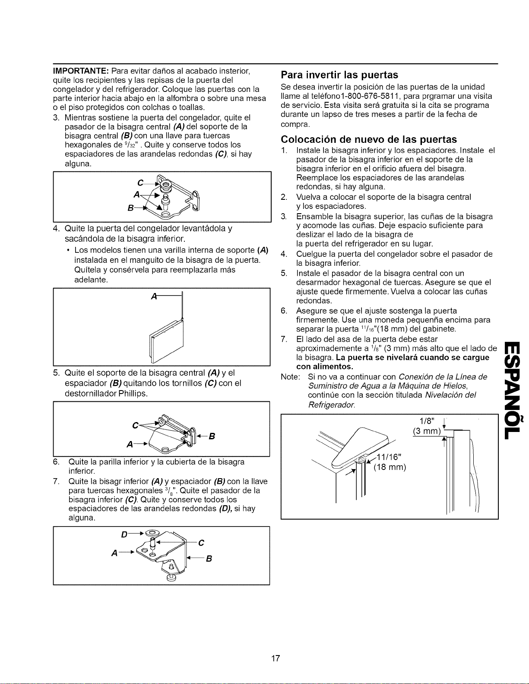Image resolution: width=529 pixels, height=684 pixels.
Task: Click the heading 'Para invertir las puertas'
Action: click(x=339, y=75)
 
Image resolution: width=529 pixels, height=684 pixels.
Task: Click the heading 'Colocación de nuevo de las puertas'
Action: click(x=369, y=139)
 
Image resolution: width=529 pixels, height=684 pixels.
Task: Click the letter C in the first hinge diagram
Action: click(x=141, y=183)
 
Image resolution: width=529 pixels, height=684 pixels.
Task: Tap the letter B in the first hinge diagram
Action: click(x=130, y=208)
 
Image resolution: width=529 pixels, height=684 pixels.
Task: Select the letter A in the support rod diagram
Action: click(x=154, y=296)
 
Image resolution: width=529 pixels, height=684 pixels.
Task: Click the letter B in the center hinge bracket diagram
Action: click(x=212, y=436)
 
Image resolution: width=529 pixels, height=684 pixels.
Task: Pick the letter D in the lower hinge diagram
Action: click(x=124, y=535)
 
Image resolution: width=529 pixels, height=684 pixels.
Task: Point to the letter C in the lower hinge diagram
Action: click(x=201, y=543)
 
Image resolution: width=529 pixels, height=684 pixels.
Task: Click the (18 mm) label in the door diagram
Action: click(x=390, y=467)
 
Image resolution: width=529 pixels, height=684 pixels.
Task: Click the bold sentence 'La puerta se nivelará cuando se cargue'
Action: click(x=412, y=358)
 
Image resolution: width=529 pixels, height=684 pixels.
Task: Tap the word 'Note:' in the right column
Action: click(x=290, y=377)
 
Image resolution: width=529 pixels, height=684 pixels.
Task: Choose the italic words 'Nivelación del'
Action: click(x=450, y=395)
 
